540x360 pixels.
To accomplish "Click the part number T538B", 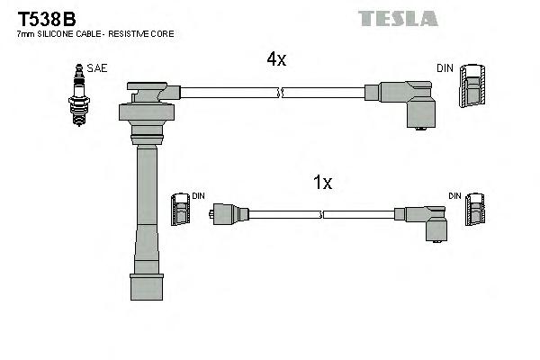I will (x=40, y=18).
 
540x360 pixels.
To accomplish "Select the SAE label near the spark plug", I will (x=95, y=68).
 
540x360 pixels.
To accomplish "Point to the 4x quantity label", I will (x=275, y=59).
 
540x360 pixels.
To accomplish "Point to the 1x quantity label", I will (x=322, y=183).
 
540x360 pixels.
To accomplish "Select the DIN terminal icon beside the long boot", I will (x=181, y=211).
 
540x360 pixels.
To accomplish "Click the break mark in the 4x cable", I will (x=282, y=92).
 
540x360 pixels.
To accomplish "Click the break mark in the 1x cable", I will (x=323, y=214).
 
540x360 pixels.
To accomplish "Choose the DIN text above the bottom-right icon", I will (x=455, y=195).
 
